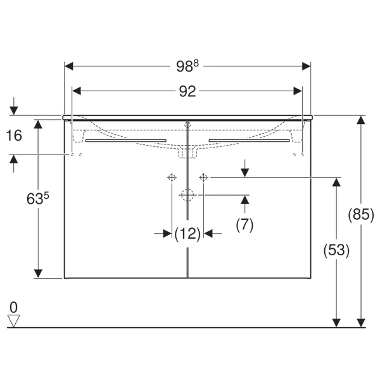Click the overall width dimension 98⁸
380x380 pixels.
coord(187,65)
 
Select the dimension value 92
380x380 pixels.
coord(187,91)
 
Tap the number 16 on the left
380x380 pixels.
coord(14,135)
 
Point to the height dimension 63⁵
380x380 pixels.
coord(37,199)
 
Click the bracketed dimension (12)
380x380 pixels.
coord(187,234)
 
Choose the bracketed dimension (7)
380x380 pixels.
coord(244,224)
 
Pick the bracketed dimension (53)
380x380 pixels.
coord(336,250)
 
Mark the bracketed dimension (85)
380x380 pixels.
coord(361,215)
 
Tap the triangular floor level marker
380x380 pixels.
coord(15,320)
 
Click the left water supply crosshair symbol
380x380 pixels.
coord(171,178)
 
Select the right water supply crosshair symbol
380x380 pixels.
coord(203,178)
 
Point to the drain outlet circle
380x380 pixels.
coord(187,195)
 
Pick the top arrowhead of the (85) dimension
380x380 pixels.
coord(361,120)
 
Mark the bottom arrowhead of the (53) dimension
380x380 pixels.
coord(336,322)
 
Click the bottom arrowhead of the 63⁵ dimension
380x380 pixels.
coord(39,273)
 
